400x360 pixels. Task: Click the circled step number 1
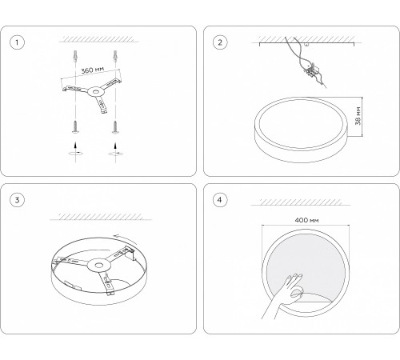coord(17,42)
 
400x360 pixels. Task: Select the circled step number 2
coord(220,42)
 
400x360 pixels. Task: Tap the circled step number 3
coord(17,200)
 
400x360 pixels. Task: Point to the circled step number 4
coord(220,200)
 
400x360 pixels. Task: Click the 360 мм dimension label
coord(92,70)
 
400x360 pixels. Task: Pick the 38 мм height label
coord(358,116)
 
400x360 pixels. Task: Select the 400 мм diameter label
coord(306,220)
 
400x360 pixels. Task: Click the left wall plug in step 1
coord(75,56)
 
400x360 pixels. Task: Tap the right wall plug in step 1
coord(115,56)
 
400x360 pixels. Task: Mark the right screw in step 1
coord(115,126)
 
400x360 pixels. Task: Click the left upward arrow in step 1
coord(75,145)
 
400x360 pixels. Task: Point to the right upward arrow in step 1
coord(115,146)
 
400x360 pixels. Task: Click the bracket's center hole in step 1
coord(94,92)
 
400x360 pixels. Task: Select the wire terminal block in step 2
coord(311,70)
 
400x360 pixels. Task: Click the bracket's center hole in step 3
coord(98,266)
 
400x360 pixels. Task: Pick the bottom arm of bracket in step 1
coord(101,104)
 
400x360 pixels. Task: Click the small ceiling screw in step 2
coord(306,45)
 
